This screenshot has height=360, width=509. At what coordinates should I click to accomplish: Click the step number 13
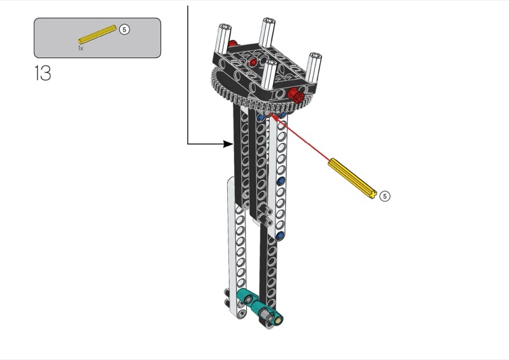43,73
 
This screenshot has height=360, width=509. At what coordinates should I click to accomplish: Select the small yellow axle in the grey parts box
97,34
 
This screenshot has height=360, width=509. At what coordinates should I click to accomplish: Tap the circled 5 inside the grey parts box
124,29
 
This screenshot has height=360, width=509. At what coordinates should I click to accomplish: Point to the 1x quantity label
81,48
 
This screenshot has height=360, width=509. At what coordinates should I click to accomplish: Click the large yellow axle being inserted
352,178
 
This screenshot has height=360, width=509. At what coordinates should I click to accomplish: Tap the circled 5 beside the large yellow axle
385,196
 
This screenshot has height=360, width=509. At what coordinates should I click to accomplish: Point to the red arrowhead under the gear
272,116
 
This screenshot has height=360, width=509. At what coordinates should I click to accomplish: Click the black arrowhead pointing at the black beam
228,144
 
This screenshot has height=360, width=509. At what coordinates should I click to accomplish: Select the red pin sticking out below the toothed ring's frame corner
296,95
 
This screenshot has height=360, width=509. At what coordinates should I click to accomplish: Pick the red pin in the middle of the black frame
253,62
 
